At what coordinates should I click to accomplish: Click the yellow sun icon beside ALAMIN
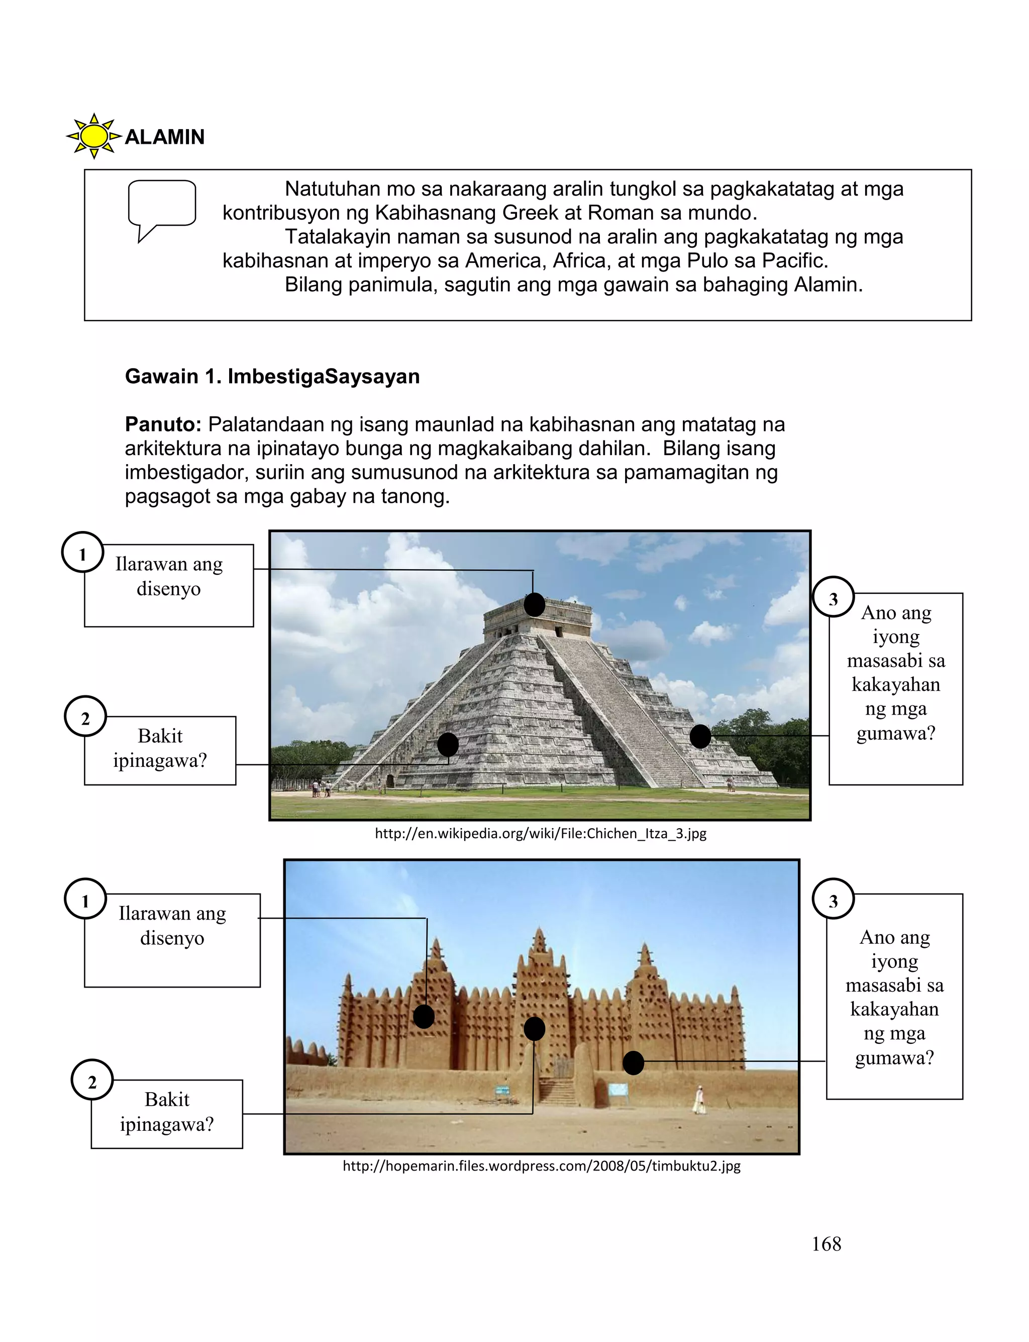click(94, 136)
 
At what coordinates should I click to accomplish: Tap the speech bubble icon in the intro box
click(162, 208)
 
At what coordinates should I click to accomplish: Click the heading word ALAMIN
click(165, 137)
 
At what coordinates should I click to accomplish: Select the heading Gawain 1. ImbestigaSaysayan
click(272, 376)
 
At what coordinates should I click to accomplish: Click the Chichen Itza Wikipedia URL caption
click(540, 833)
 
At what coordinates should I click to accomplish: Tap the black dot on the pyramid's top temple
click(534, 605)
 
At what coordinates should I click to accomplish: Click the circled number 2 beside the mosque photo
click(92, 1082)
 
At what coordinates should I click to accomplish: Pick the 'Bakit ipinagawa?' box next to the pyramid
click(160, 750)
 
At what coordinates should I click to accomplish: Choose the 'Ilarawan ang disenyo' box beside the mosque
click(172, 939)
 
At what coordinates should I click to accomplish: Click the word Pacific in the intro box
click(794, 260)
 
